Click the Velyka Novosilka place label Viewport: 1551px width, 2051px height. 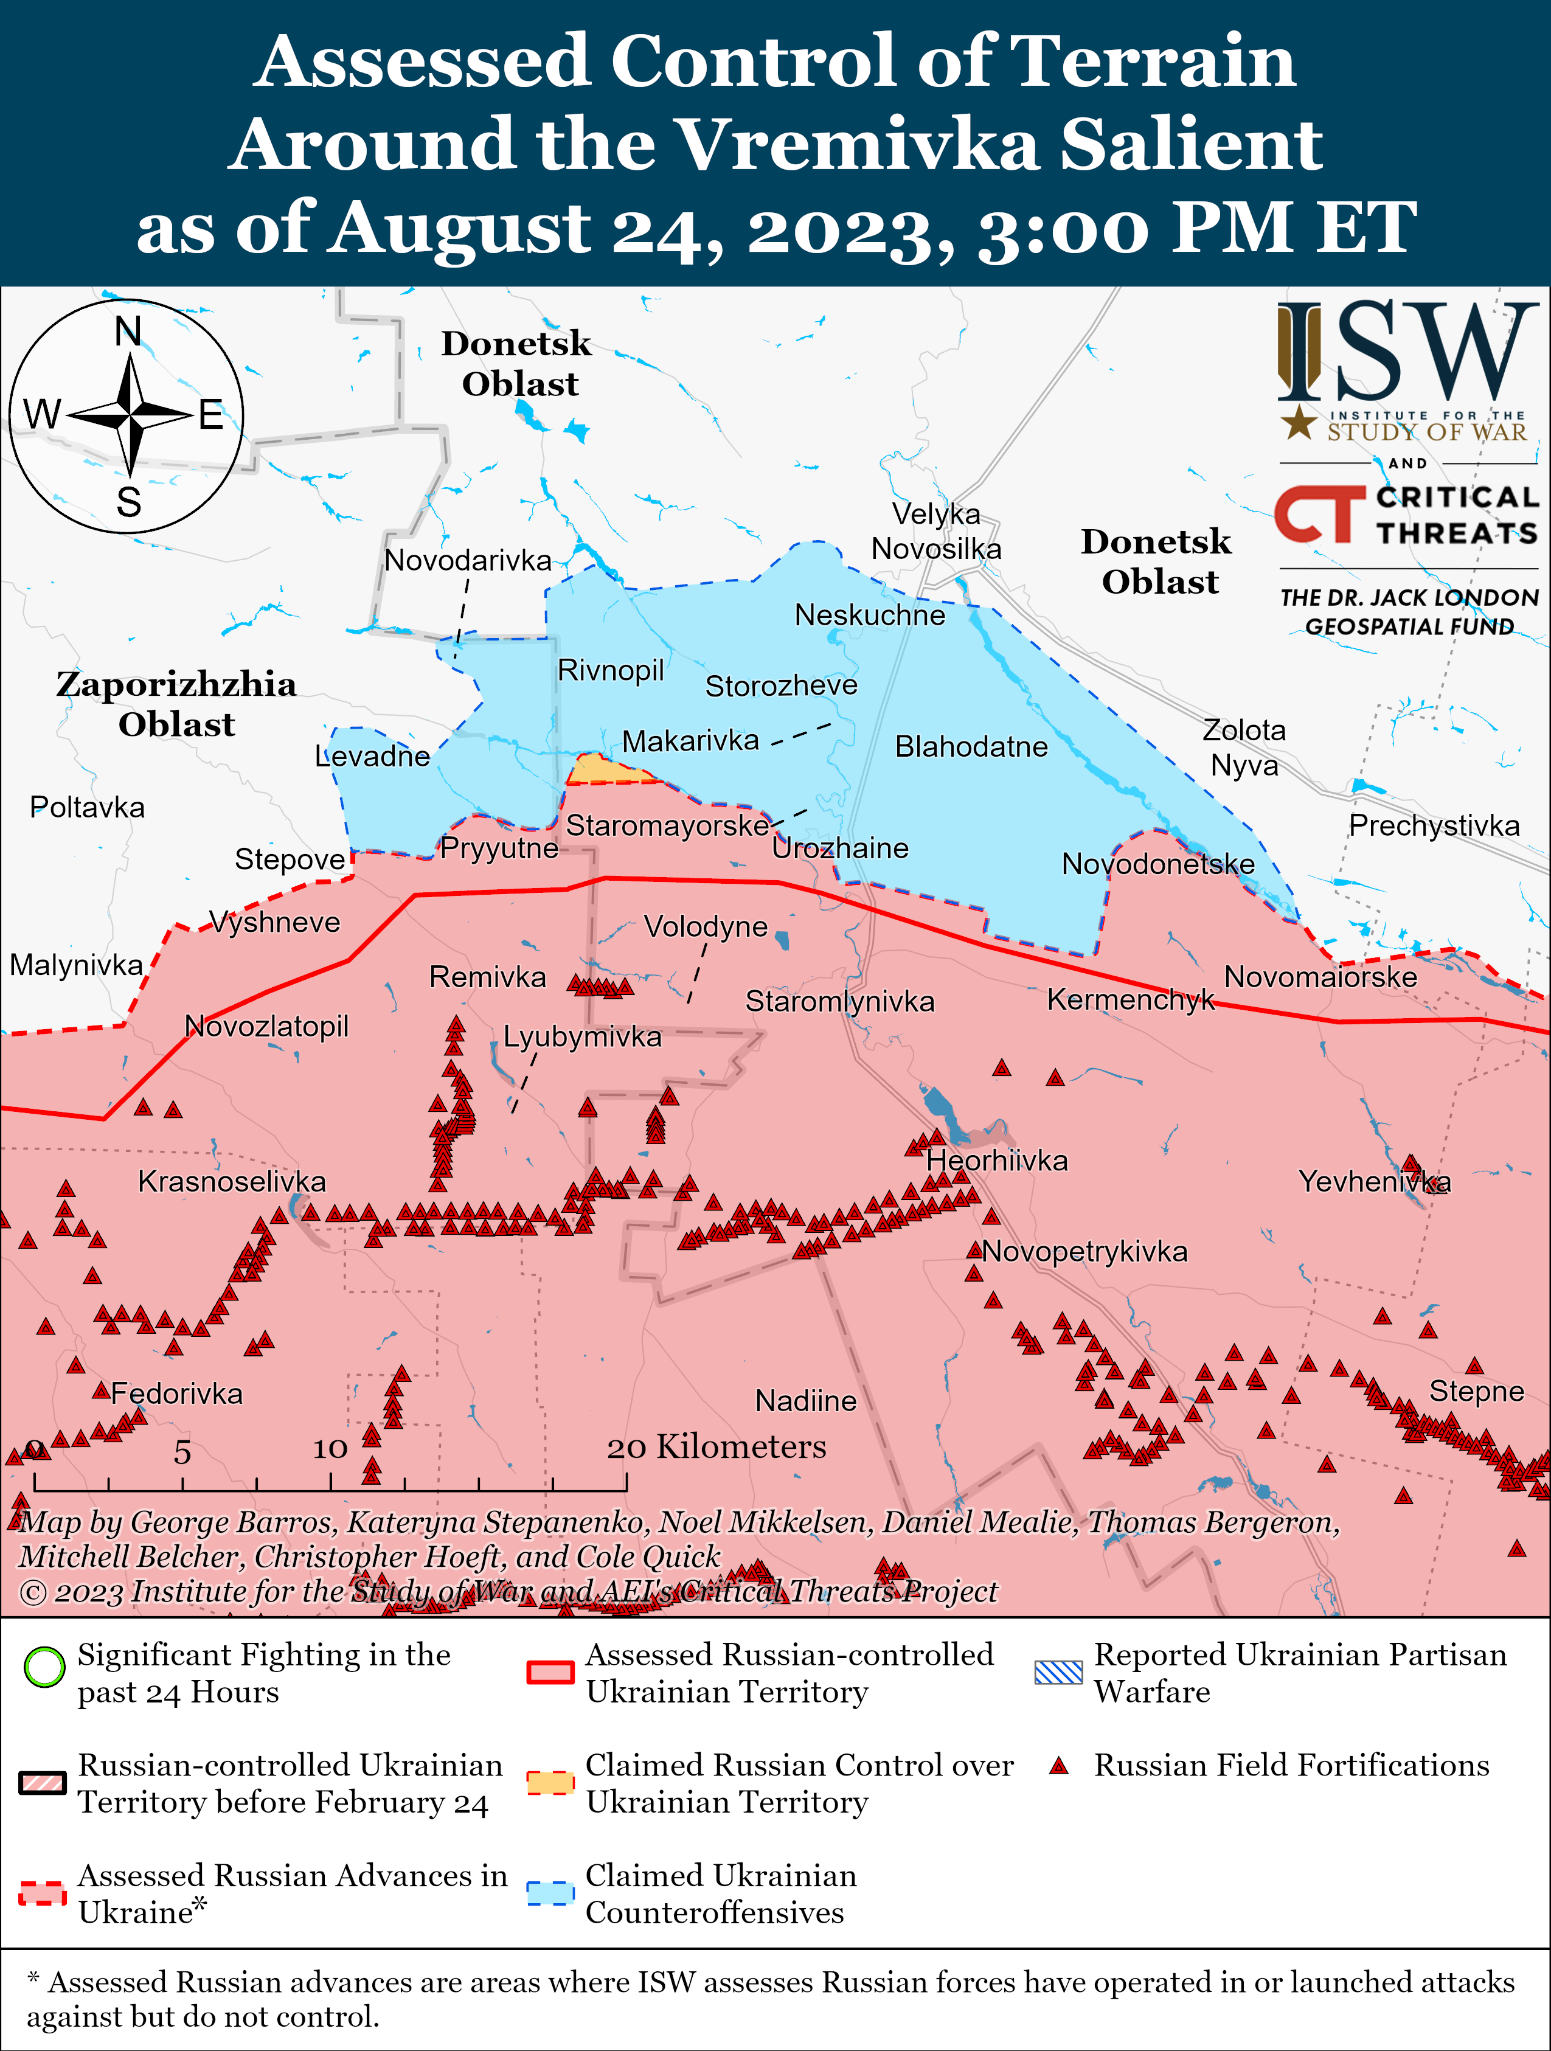[936, 531]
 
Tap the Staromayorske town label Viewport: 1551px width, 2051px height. [667, 825]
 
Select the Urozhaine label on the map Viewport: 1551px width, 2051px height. [840, 849]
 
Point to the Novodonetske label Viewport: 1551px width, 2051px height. [1158, 864]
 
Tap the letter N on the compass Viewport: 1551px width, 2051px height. [128, 331]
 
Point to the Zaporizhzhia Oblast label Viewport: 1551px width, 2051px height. [176, 704]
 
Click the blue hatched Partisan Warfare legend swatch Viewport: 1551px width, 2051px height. [1058, 1672]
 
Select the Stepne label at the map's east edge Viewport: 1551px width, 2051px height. [1476, 1391]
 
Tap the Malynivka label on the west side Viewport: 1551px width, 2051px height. [76, 965]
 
